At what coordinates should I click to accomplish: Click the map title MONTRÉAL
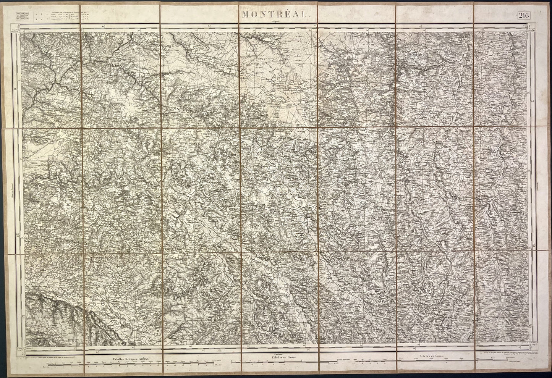pos(274,15)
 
